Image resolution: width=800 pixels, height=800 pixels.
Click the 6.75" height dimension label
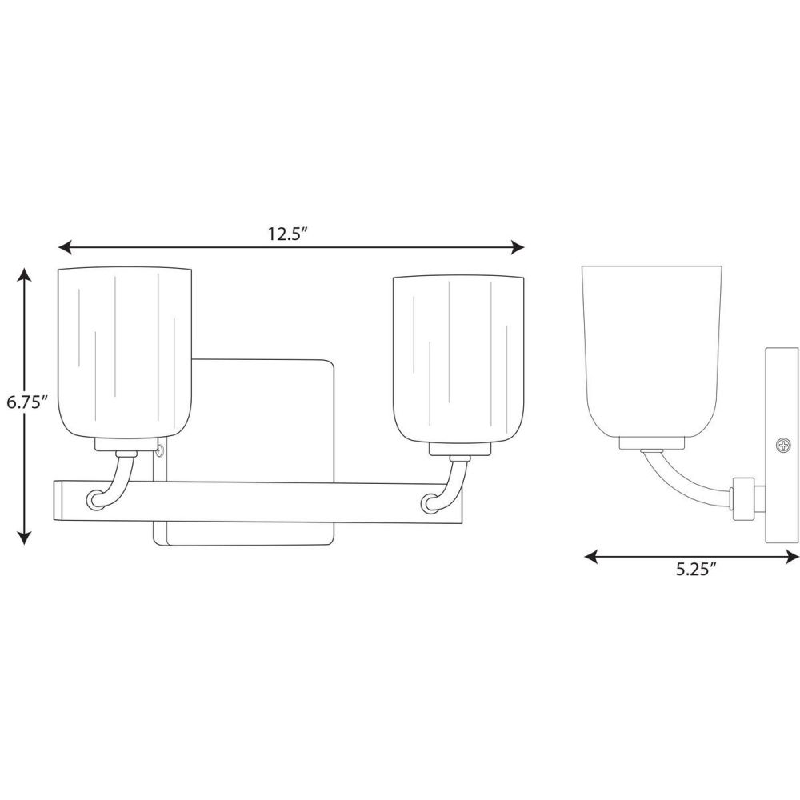27,402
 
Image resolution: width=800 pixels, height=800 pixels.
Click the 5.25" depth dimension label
697,570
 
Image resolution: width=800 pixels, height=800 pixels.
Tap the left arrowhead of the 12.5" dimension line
65,248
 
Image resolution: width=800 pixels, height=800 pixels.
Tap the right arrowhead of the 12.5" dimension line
518,248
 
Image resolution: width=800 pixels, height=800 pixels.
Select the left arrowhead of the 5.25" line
591,557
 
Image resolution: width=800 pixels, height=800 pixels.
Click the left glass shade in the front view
125,352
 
